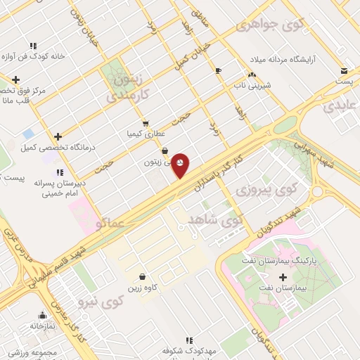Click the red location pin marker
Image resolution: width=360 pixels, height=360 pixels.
(x=181, y=165)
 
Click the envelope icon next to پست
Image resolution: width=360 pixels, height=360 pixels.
(x=344, y=71)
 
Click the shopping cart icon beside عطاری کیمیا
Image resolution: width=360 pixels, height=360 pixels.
(x=146, y=122)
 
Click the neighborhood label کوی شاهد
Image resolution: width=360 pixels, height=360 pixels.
(x=214, y=219)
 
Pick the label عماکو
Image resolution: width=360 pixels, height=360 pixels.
(x=110, y=224)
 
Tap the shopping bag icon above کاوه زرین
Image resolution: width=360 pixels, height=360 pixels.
(x=143, y=277)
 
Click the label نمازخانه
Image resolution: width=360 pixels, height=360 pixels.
(x=42, y=326)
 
